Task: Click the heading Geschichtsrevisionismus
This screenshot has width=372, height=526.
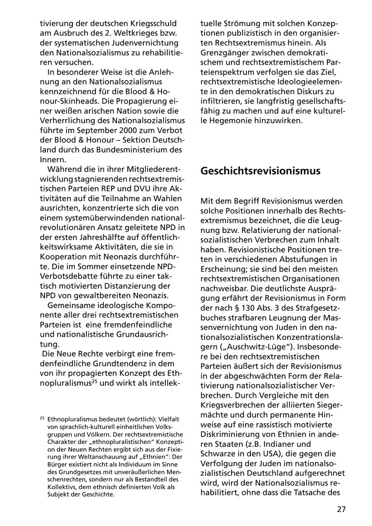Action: pos(260,171)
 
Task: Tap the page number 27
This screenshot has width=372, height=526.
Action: pos(341,509)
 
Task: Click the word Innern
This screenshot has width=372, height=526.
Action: pos(52,159)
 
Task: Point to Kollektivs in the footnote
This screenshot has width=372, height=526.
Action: pos(63,486)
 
